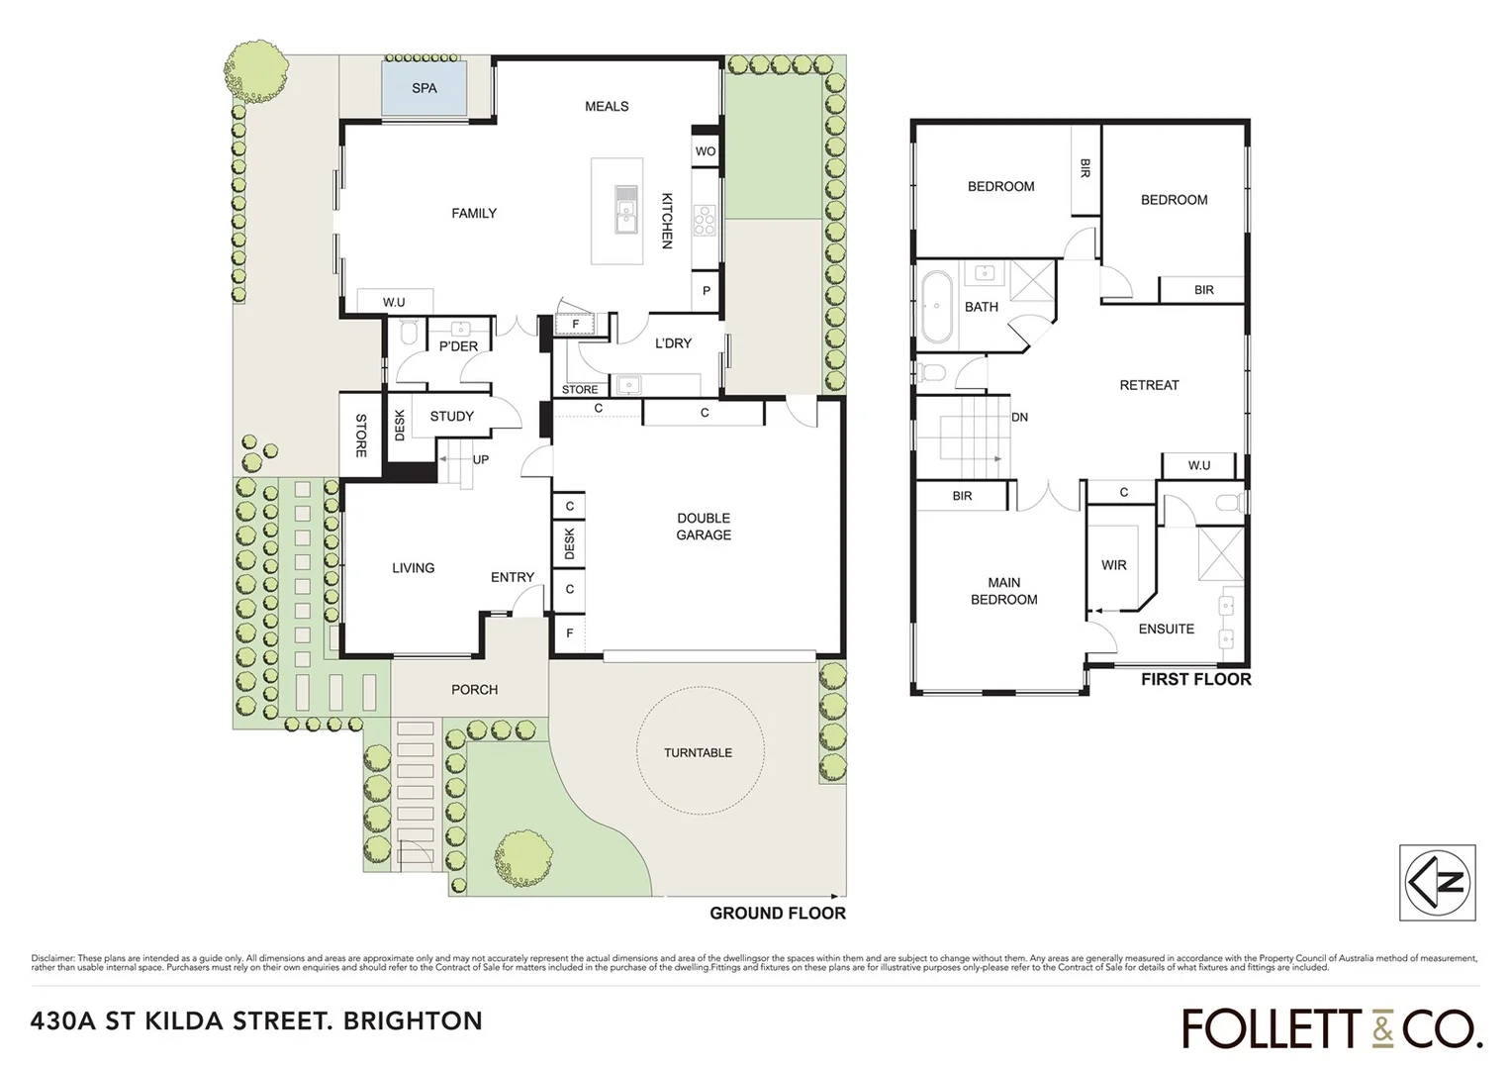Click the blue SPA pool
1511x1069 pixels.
[425, 88]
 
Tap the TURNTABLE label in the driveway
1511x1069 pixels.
[698, 752]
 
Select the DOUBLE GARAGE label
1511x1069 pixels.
[704, 526]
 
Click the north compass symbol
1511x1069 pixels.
[1438, 882]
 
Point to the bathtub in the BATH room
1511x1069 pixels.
[934, 307]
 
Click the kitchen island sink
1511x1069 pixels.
[626, 208]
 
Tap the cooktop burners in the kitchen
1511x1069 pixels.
[705, 220]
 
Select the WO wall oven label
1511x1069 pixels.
[705, 151]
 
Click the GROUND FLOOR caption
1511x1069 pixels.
[777, 913]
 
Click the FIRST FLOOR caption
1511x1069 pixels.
[1195, 679]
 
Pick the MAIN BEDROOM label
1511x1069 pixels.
[1003, 591]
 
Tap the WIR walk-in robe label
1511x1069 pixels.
[1113, 565]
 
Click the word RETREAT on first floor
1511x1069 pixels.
[1149, 385]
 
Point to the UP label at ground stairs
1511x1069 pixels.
[480, 459]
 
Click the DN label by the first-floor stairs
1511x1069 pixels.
[1019, 417]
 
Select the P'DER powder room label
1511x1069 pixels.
[458, 346]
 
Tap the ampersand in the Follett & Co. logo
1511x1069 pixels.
[1382, 1029]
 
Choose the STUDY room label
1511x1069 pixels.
[451, 416]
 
